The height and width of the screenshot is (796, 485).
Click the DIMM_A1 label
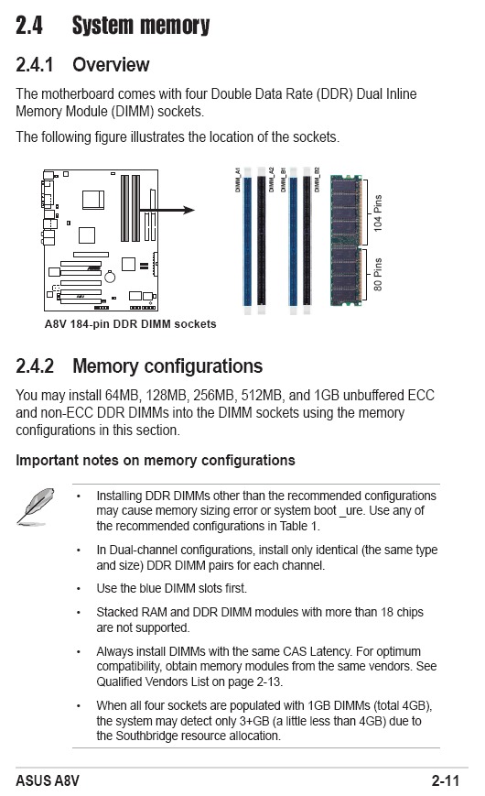coord(237,180)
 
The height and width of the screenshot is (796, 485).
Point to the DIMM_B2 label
coord(317,180)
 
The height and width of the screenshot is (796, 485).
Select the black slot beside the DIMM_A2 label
coord(262,241)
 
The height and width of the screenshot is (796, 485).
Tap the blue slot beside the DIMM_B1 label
coord(293,241)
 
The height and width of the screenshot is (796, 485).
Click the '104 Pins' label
coord(378,213)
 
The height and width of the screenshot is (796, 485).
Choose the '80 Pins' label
coord(378,274)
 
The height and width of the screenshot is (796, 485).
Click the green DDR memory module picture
coord(346,240)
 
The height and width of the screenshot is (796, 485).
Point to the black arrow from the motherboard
coord(167,210)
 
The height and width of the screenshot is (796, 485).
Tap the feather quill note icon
coord(36,507)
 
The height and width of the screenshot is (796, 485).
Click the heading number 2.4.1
coord(35,65)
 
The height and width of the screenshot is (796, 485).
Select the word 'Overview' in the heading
coord(111,65)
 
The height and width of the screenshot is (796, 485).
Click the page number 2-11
coord(446,780)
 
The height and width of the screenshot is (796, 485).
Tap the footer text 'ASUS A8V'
coord(48,780)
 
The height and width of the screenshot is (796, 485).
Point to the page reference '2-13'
coord(268,682)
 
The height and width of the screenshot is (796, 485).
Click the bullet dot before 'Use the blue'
coord(78,589)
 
